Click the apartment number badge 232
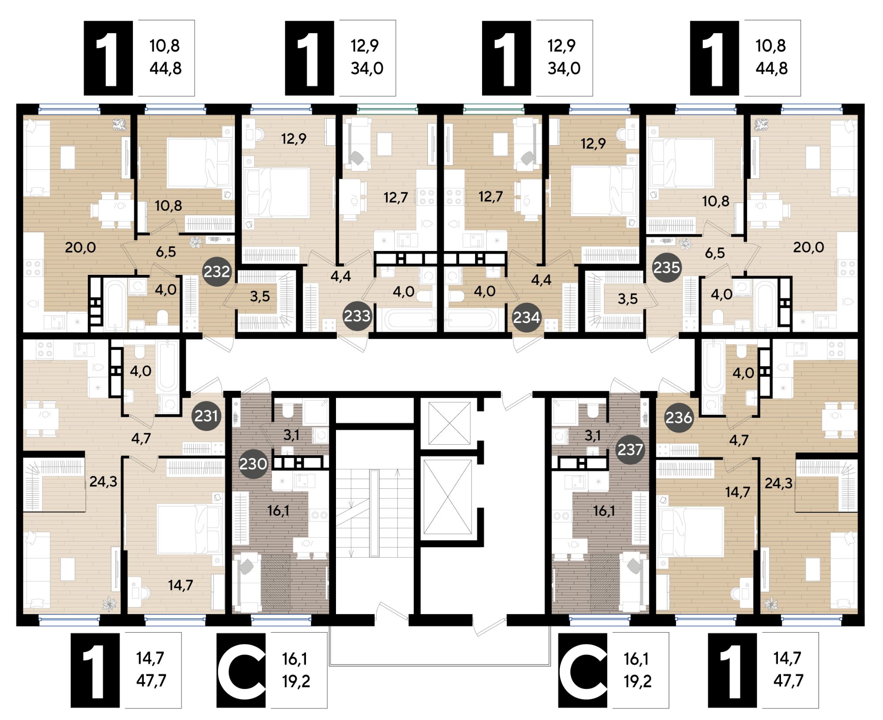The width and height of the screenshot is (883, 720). pos(217,272)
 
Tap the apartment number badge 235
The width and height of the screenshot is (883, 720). pos(666,267)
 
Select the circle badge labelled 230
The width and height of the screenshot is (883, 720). pos(253,464)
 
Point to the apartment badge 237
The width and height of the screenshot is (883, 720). pos(630,450)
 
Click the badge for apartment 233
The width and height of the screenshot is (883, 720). pos(357,316)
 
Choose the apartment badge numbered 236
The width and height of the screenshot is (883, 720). pos(679,417)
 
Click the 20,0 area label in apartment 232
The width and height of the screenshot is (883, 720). pos(80,247)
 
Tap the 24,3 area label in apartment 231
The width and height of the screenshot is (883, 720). pos(103,481)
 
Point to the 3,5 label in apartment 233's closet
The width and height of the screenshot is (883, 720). pos(260,296)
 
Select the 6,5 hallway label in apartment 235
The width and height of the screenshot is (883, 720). pos(715,253)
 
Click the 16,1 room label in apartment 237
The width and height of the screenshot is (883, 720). pos(604,511)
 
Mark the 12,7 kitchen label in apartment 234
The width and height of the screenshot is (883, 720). pos(491,196)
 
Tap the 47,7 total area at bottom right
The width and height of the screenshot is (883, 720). pos(788,681)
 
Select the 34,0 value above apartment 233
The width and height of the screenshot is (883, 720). pos(367,69)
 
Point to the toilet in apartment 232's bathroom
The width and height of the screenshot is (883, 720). pos(163,317)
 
